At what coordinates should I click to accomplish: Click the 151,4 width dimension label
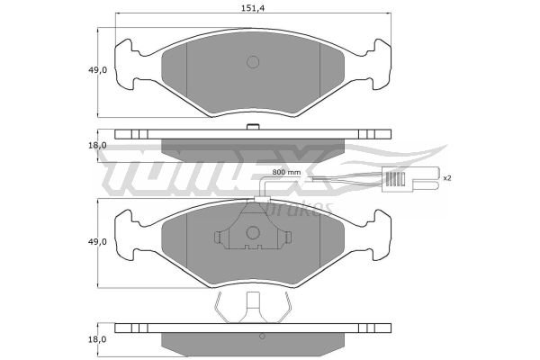[252, 9]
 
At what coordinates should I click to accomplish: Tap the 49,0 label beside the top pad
[98, 70]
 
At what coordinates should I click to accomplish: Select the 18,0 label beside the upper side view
[97, 146]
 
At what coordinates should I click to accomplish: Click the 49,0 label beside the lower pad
[98, 242]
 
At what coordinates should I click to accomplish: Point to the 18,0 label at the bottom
[97, 339]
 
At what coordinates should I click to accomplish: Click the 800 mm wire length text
[286, 172]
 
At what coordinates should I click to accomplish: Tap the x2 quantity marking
[447, 178]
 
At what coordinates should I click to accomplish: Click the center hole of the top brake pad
[253, 62]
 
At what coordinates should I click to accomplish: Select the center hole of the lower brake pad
[253, 232]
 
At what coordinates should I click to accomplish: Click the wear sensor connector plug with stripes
[398, 179]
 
